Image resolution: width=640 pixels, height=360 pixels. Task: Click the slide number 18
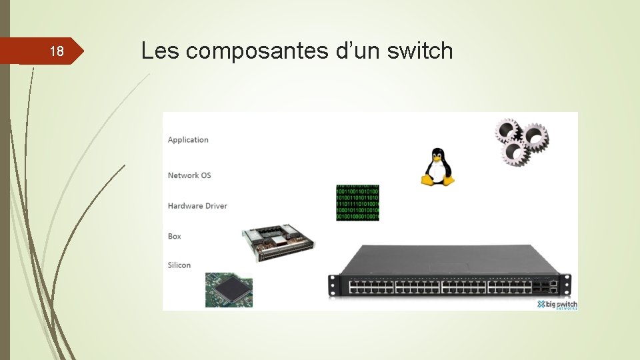[57, 51]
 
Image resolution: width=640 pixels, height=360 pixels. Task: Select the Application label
[188, 140]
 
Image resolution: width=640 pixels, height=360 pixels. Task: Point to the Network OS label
[189, 175]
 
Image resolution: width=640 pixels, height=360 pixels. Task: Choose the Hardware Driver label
[197, 206]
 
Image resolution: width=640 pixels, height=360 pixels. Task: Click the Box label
[175, 237]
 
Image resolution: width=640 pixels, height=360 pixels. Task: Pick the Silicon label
[179, 265]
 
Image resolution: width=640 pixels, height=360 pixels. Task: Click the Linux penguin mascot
[437, 167]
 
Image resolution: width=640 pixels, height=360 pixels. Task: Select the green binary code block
[357, 203]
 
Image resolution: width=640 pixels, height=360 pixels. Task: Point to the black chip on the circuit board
[230, 289]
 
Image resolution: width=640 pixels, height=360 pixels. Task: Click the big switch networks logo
[557, 305]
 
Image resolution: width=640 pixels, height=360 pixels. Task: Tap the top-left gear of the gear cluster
[507, 131]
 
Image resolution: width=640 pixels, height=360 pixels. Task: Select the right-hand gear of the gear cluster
[535, 137]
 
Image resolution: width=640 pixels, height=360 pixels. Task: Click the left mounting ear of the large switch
[331, 285]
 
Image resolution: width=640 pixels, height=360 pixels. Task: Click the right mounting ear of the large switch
[565, 285]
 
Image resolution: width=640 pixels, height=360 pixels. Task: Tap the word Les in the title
[160, 51]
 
